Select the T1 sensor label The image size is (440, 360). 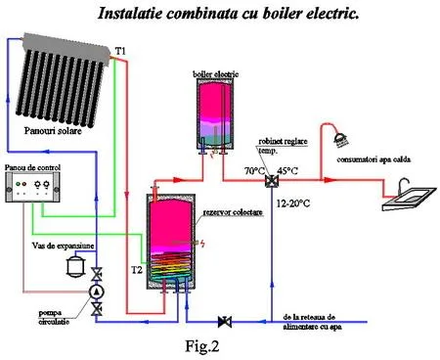coord(119,49)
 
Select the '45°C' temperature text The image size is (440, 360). coord(287,171)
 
